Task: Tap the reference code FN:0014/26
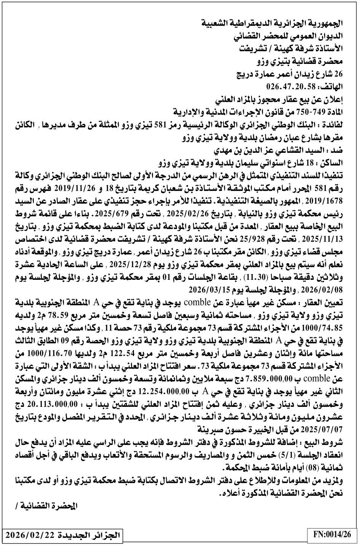(332, 534)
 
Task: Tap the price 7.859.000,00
(276, 379)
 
